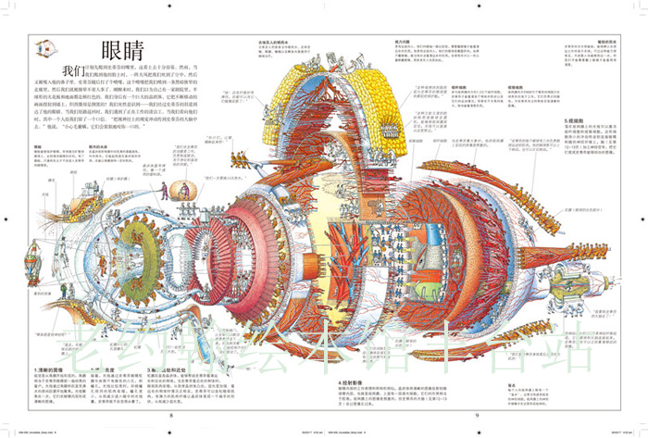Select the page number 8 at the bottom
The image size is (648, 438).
pos(170,415)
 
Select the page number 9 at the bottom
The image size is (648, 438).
pos(476,415)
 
